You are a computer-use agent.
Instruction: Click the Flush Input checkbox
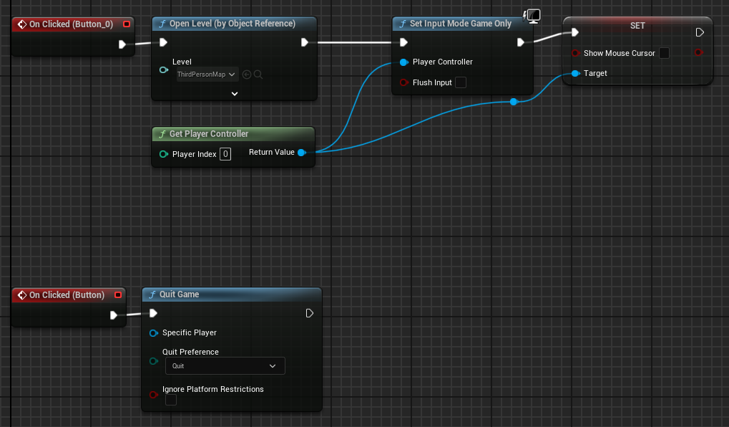point(461,82)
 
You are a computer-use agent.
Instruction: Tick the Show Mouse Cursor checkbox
point(665,53)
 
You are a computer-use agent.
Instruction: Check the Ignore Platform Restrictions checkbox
point(171,400)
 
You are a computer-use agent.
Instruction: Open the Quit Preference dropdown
point(225,366)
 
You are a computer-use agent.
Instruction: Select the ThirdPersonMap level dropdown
point(207,74)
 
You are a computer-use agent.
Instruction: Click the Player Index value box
point(225,154)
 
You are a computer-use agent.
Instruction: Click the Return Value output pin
point(301,153)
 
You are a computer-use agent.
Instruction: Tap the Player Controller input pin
point(404,62)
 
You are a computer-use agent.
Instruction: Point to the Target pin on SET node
point(575,73)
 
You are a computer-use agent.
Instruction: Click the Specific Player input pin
point(153,332)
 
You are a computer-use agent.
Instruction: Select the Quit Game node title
point(179,294)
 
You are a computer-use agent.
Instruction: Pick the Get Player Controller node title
point(208,134)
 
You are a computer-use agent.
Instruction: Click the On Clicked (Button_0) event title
point(71,24)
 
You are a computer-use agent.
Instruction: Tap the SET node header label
point(637,26)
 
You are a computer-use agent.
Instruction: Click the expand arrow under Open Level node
point(235,93)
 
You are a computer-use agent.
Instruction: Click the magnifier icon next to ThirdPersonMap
point(258,74)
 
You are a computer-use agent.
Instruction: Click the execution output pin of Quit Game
point(310,313)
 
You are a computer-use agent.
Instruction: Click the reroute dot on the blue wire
point(514,102)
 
